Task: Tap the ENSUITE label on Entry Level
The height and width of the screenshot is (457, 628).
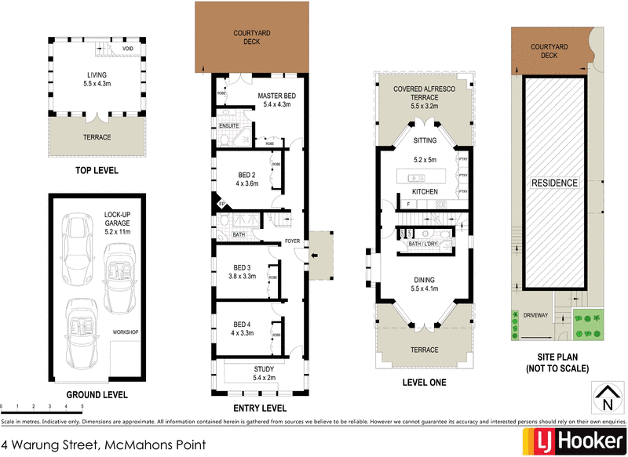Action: point(229,125)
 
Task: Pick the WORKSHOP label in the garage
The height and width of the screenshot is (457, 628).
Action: point(125,332)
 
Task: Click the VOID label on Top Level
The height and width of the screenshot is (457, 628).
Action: point(128,49)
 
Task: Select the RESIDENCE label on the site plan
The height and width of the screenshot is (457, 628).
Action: point(555,183)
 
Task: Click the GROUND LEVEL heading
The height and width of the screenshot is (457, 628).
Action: point(97,395)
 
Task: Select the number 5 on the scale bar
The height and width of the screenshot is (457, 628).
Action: point(82,408)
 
